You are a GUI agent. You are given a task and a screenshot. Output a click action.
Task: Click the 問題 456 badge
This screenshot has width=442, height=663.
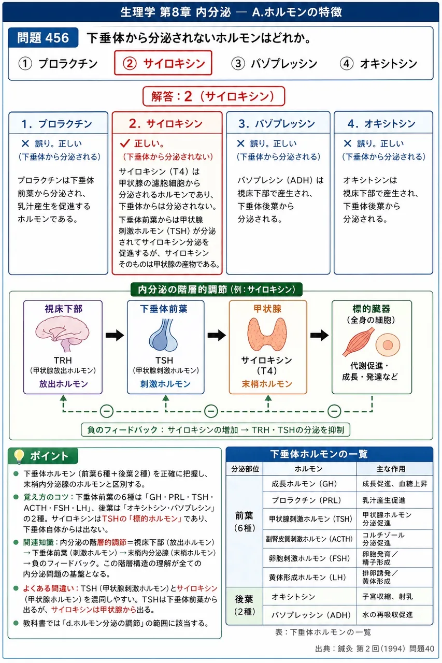(x=43, y=38)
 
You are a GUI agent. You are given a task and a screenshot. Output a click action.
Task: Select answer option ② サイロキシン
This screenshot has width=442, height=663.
(x=163, y=63)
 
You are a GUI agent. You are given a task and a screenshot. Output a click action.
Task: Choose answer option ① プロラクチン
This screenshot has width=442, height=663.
(x=59, y=64)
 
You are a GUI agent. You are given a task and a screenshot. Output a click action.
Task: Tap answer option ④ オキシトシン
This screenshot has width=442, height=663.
(x=379, y=64)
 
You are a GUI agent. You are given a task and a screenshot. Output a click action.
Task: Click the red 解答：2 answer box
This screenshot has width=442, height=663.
(x=213, y=96)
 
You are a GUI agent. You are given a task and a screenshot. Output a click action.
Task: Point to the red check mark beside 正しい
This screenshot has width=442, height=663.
(x=125, y=143)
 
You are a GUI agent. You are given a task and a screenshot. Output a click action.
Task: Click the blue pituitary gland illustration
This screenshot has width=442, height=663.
(x=164, y=335)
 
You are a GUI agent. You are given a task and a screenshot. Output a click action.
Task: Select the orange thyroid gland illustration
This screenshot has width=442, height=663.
(x=267, y=334)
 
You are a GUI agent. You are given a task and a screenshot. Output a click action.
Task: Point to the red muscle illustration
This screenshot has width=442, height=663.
(x=358, y=341)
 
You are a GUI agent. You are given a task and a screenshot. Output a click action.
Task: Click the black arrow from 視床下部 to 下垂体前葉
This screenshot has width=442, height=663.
(x=115, y=335)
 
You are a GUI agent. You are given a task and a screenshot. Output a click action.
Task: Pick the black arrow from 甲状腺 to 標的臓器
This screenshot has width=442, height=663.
(x=319, y=335)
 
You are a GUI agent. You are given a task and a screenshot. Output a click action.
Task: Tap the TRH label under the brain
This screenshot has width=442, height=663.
(x=63, y=360)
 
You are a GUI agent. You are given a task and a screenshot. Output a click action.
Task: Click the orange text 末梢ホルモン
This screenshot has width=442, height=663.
(x=267, y=384)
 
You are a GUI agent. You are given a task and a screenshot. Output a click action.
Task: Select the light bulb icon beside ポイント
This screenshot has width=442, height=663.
(x=19, y=456)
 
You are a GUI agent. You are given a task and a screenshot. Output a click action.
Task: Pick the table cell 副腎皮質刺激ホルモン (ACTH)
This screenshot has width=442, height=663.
(x=309, y=539)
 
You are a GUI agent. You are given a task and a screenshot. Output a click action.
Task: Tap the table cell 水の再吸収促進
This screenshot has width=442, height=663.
(x=387, y=615)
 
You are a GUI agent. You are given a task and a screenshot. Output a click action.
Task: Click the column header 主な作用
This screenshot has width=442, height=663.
(x=391, y=469)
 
